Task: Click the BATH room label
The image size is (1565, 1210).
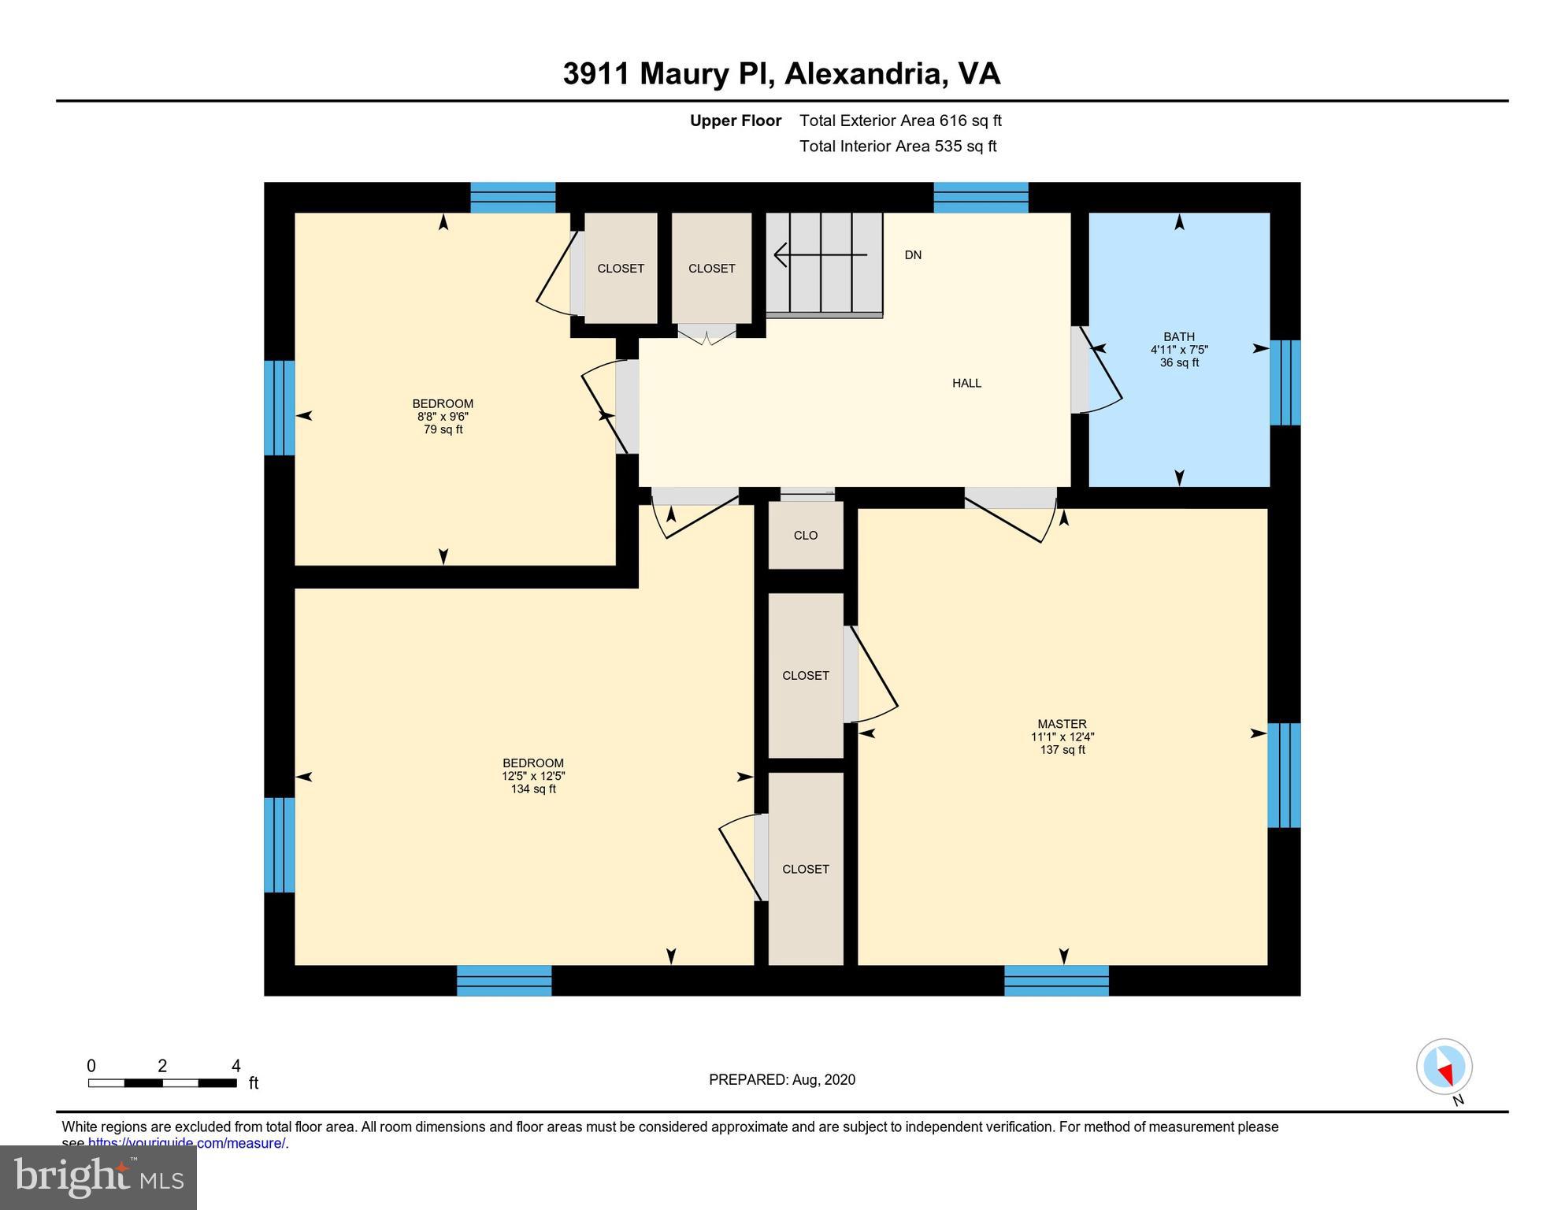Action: [1178, 336]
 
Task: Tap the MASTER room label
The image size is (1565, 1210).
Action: [1061, 723]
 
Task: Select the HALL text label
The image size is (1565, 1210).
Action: [966, 383]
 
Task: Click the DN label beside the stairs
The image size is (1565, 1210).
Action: [913, 255]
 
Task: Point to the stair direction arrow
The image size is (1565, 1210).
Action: [819, 254]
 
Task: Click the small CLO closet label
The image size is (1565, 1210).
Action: [805, 535]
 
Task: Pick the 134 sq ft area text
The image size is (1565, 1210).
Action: [533, 789]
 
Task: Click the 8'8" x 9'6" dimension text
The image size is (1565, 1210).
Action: [443, 416]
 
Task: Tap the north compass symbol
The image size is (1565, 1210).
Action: [1444, 1067]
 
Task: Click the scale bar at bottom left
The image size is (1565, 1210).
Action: [162, 1082]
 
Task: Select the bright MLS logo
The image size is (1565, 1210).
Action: [98, 1177]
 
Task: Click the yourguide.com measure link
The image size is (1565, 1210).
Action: [187, 1143]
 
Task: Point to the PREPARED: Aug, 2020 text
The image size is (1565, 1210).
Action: [781, 1079]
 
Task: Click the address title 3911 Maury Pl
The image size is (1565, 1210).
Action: [781, 73]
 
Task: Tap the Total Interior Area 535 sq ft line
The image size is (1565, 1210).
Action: [897, 146]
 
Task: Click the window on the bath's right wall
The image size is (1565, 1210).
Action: [1284, 383]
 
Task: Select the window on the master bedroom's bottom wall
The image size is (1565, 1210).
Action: [1056, 980]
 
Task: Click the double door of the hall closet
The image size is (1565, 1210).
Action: [706, 334]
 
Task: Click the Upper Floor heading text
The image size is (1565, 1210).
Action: [735, 121]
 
